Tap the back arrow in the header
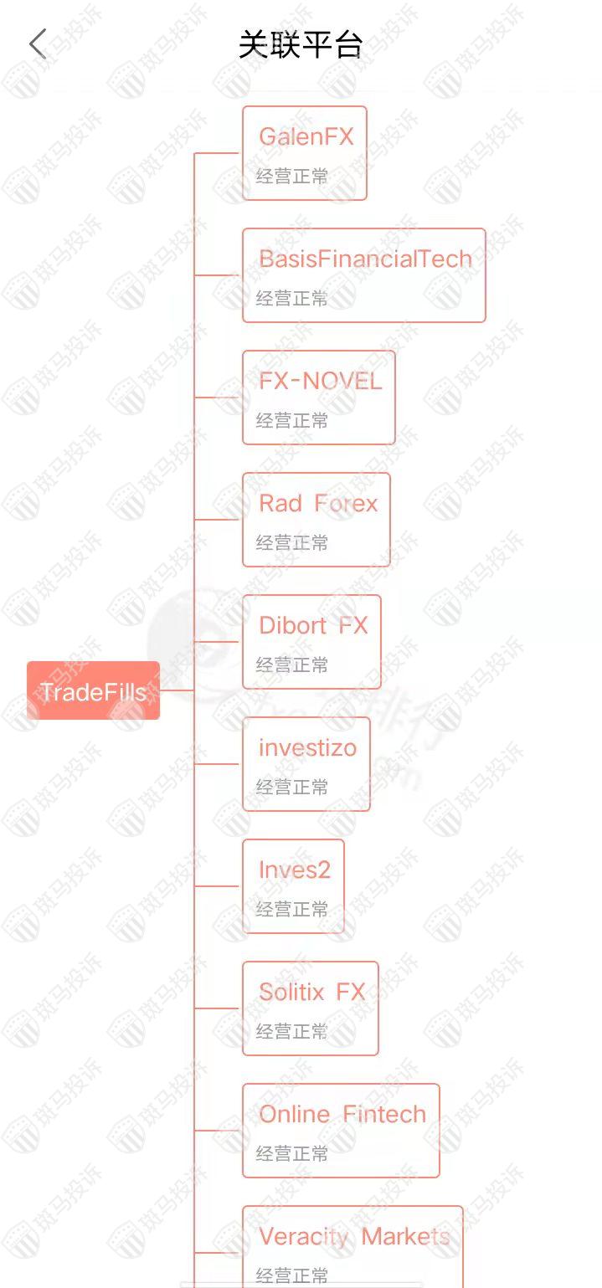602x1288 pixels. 38,44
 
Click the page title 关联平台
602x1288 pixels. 300,45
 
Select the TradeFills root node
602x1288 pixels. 93,691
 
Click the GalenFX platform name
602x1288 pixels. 306,136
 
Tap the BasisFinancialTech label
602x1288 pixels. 365,259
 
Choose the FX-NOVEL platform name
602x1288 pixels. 320,381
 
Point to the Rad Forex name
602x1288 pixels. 318,503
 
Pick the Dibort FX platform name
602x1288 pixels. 313,625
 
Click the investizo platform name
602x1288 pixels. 307,747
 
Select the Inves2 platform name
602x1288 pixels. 294,870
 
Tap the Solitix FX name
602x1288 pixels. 311,992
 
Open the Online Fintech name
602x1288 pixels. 342,1114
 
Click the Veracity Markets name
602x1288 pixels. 354,1236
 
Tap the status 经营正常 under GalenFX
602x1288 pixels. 292,177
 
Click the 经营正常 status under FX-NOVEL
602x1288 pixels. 292,421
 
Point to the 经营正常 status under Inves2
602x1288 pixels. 292,910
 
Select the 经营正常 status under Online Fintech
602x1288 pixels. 292,1154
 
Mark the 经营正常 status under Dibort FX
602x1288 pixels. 292,665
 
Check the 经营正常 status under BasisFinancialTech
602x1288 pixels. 292,299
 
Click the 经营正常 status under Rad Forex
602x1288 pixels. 292,543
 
